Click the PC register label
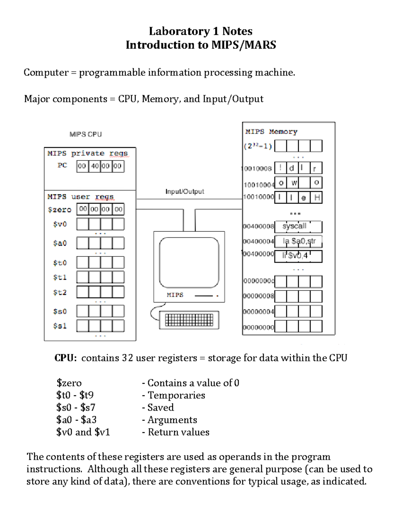pos(62,165)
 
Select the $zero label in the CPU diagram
pos(60,210)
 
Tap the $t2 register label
pos(60,292)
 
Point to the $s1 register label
pos(60,326)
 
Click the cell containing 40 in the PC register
pos(95,166)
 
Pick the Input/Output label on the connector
pos(185,192)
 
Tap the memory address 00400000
pos(258,254)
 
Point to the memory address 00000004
pos(258,312)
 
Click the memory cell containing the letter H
pos(317,198)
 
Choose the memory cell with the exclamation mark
pos(280,168)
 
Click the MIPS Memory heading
pos(271,132)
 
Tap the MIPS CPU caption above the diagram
pos(85,134)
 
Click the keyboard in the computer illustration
pos(189,320)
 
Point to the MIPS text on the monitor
pos(175,295)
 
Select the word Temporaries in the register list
pos(176,395)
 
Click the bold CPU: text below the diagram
pos(66,358)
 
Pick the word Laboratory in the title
pos(179,31)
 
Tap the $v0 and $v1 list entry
pos(83,432)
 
